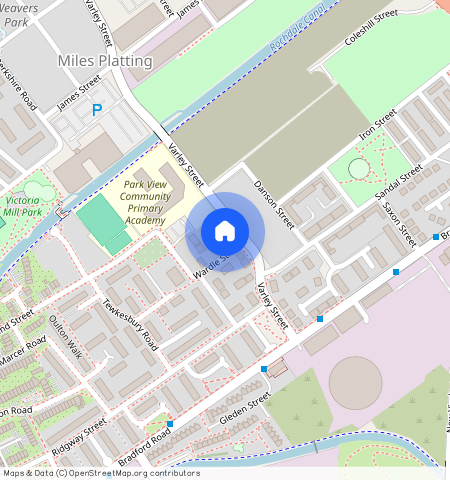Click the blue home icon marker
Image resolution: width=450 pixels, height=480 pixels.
tap(225, 231)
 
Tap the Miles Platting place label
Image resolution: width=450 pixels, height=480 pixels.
tap(105, 61)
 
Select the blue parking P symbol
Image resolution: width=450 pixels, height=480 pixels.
tap(97, 110)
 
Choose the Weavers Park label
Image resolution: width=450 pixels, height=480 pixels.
tap(20, 14)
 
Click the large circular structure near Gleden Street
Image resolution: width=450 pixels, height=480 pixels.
tap(355, 383)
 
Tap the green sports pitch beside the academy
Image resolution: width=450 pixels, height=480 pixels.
tap(103, 222)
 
